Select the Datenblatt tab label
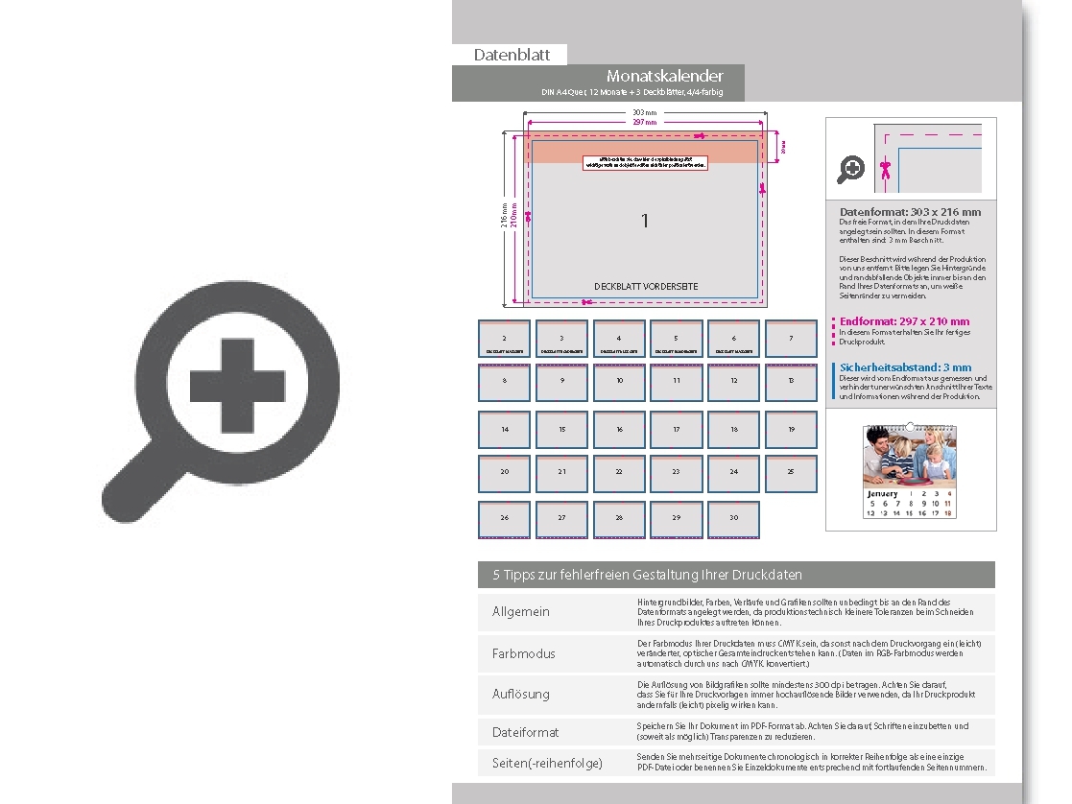512,55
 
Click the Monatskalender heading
664,76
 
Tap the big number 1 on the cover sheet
645,221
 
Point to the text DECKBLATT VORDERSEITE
645,286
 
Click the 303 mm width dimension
645,113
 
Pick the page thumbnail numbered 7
791,339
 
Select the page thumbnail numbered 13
791,382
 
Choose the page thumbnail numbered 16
619,430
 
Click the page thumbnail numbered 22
619,473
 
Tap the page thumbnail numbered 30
733,519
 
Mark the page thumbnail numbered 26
505,519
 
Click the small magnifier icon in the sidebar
850,170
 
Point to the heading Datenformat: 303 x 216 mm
910,212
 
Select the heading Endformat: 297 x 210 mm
904,321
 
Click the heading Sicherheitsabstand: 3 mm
905,367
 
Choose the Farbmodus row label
524,653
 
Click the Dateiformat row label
526,732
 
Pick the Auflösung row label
521,694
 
